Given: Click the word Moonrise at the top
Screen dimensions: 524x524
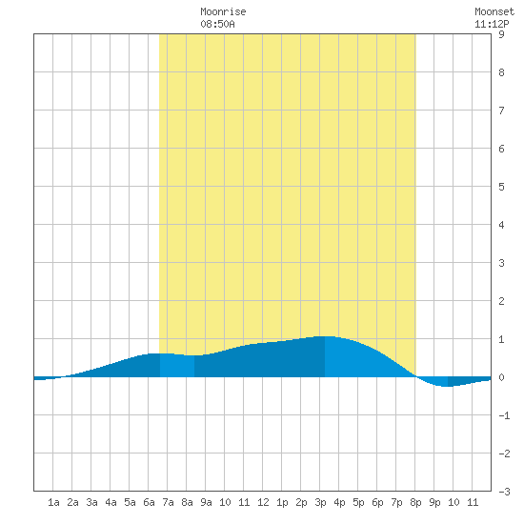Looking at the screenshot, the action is pos(223,11).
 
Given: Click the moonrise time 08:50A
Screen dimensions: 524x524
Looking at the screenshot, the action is pos(217,24).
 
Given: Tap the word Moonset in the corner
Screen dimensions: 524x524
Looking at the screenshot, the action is pos(494,11).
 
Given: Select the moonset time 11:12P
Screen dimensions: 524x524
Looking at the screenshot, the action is pos(492,24).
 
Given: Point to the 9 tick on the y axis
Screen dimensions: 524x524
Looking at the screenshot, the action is pos(501,34).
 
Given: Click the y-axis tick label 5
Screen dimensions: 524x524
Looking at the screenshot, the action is pos(501,187).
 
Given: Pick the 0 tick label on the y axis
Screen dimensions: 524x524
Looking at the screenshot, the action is pos(501,377).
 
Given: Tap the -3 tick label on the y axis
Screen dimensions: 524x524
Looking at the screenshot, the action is pos(504,492).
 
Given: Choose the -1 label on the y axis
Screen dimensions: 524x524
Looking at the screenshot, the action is pos(504,415).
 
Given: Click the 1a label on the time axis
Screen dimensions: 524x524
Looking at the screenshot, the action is pos(53,502).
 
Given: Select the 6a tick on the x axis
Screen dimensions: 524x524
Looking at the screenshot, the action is pos(149,502).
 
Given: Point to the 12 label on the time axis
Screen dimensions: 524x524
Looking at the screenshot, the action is pos(263,502).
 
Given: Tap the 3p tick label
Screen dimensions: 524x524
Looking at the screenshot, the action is pos(320,502).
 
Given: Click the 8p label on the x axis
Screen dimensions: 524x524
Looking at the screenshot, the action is pos(415,502).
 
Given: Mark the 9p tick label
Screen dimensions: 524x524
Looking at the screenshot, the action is pos(434,502).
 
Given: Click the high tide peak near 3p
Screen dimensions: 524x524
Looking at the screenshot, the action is pos(325,336).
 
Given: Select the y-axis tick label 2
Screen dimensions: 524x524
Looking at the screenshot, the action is pos(501,301).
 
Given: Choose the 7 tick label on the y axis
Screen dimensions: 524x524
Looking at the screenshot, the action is pos(501,111).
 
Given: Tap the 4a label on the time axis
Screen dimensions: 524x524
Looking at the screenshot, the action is pos(111,502).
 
